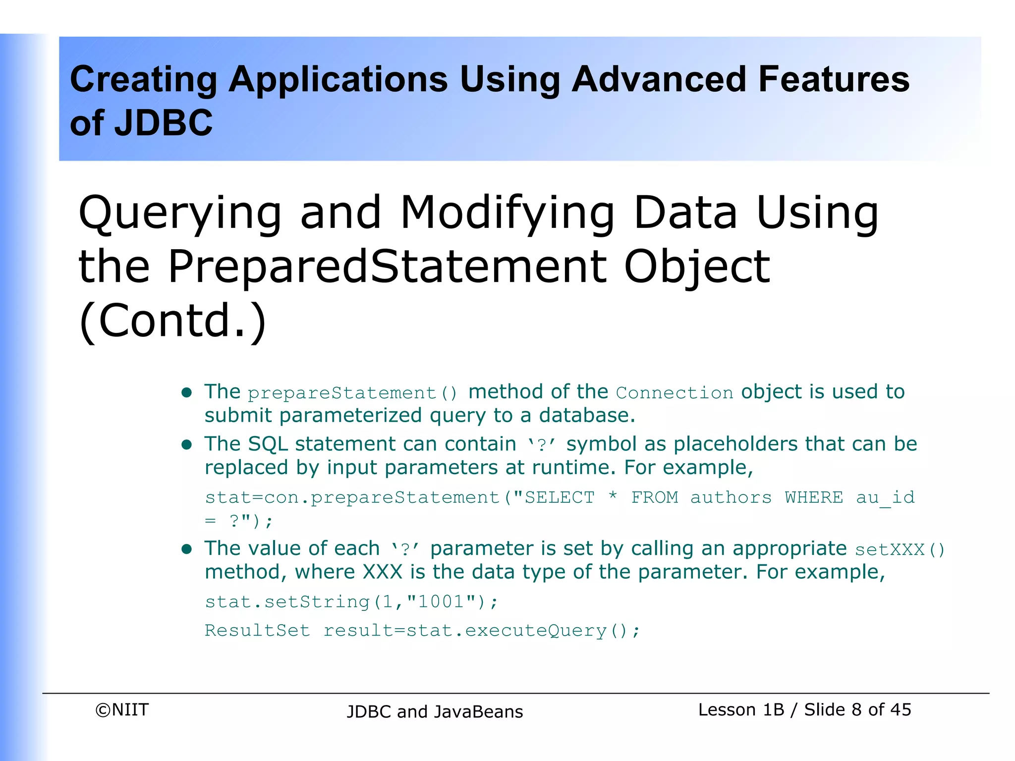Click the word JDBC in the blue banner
point(163,123)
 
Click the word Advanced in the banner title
point(659,79)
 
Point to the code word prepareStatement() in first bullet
point(352,393)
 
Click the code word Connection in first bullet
point(674,393)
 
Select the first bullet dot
point(187,393)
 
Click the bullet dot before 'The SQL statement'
point(187,445)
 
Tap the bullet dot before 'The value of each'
point(187,549)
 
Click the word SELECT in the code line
point(560,497)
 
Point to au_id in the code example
point(885,497)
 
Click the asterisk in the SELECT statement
point(613,496)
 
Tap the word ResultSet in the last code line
point(257,631)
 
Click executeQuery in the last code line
point(536,631)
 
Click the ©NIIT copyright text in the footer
point(122,710)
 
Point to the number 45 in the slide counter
point(901,710)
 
